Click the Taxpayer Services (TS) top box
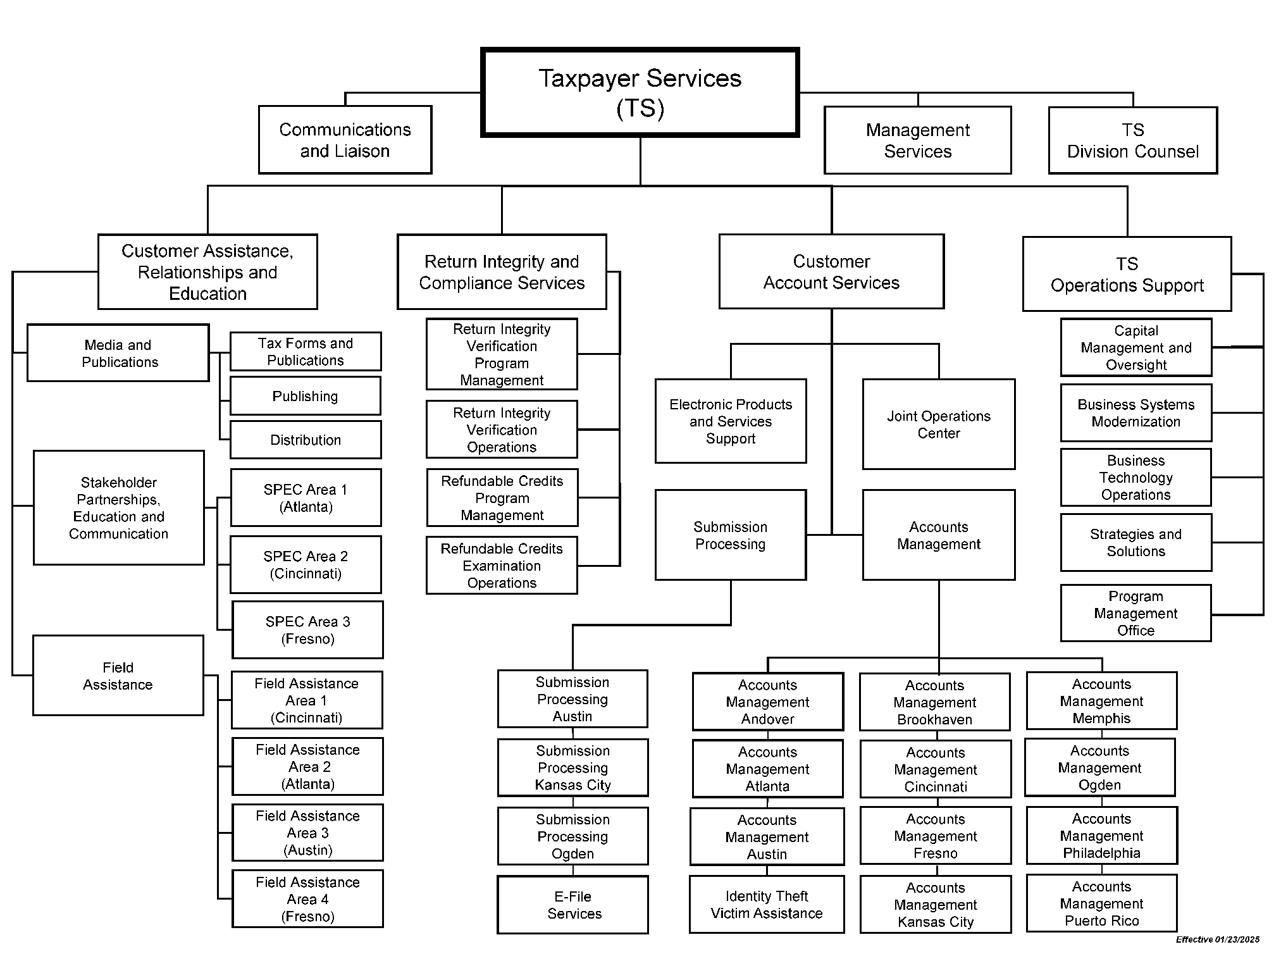point(640,92)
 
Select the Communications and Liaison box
point(345,140)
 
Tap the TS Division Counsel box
point(1132,140)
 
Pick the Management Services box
point(917,140)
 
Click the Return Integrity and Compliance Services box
point(502,272)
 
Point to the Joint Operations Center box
point(938,425)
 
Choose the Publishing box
point(305,396)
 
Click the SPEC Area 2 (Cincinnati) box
point(306,565)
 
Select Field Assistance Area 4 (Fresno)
point(307,899)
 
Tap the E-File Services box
point(573,905)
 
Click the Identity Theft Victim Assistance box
point(767,905)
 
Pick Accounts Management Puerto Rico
point(1101,903)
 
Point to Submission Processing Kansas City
point(573,768)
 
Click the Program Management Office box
point(1136,613)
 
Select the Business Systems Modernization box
point(1136,413)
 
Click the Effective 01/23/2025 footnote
point(1217,939)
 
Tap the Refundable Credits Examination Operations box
point(502,566)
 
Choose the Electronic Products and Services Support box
point(731,421)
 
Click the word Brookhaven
point(934,719)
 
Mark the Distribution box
point(306,440)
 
